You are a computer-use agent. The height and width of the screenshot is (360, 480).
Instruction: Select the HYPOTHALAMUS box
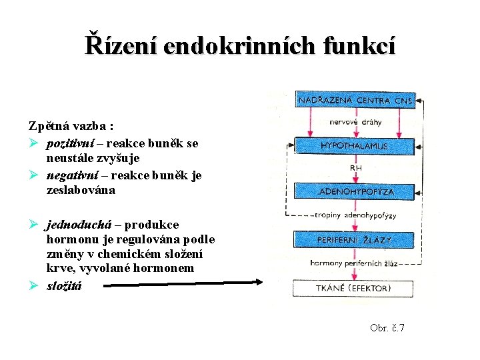click(354, 145)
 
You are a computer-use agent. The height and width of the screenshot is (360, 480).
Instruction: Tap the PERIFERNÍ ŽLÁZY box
click(354, 239)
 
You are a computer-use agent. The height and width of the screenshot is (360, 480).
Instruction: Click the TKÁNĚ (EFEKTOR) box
click(354, 289)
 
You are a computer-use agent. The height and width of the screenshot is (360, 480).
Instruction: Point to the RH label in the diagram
click(357, 168)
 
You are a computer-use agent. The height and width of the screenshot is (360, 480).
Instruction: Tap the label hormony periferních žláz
click(353, 263)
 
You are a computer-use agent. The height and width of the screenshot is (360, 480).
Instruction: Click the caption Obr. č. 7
click(387, 328)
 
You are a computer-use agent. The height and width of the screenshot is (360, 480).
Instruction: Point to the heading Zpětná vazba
click(70, 125)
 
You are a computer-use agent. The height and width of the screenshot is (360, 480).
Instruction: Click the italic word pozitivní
click(75, 143)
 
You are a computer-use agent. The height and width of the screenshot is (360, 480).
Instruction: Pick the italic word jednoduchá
click(83, 224)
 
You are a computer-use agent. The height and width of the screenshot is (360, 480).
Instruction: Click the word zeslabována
click(81, 190)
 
